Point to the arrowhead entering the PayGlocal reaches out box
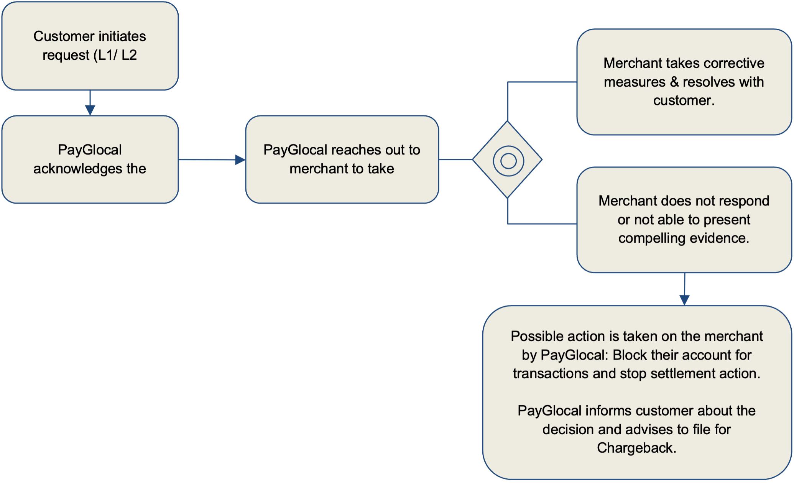240,160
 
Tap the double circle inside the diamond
508,161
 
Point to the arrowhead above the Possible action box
685,299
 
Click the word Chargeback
637,448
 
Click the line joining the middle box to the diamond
456,159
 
